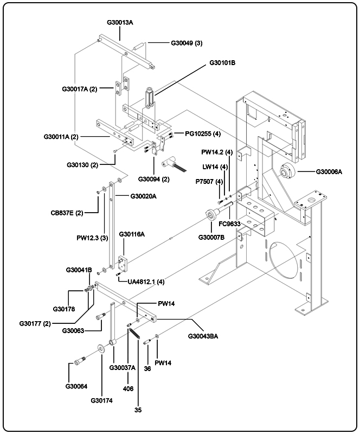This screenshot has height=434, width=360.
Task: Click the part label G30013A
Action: (x=120, y=22)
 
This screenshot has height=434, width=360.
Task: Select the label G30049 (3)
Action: (x=187, y=43)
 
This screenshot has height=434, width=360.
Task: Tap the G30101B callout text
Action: (x=222, y=63)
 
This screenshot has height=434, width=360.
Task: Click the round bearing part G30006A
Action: (x=287, y=173)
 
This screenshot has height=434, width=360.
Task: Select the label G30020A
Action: (x=144, y=196)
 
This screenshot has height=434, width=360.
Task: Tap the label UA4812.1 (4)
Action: (x=146, y=282)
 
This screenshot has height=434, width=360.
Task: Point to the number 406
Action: (x=128, y=389)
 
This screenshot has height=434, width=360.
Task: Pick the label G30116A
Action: (x=132, y=234)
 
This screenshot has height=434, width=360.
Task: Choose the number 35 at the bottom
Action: (x=138, y=410)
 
